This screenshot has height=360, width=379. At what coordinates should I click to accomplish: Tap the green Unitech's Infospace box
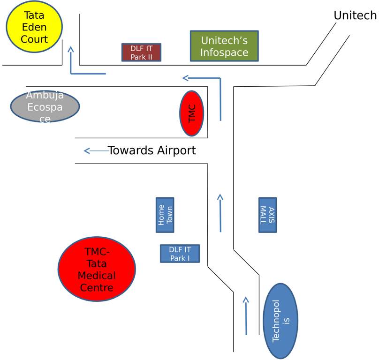[224, 46]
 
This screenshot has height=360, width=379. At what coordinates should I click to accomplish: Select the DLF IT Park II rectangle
[141, 52]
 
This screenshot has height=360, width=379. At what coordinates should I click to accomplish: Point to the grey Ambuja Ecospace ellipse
[45, 106]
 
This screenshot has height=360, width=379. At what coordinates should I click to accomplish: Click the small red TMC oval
[191, 113]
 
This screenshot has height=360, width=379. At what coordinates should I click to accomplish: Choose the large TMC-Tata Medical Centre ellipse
[97, 269]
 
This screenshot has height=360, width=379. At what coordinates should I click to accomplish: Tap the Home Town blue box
[165, 215]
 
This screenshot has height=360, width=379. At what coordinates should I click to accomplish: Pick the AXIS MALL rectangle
[267, 215]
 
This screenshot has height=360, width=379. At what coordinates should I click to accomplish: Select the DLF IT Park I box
[180, 254]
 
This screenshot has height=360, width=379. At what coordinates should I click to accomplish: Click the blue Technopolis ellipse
[280, 321]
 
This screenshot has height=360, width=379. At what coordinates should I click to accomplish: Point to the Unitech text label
[355, 15]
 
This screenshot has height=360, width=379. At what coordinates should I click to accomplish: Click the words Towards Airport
[152, 150]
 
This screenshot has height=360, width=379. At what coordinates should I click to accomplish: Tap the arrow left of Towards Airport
[95, 150]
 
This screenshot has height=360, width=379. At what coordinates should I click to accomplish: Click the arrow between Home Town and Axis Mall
[220, 213]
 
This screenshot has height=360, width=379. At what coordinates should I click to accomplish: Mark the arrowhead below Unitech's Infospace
[186, 78]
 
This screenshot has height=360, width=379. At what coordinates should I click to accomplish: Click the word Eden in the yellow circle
[35, 27]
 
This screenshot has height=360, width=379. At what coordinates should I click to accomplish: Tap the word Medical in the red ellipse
[97, 275]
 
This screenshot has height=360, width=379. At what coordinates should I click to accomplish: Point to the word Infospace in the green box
[224, 52]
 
